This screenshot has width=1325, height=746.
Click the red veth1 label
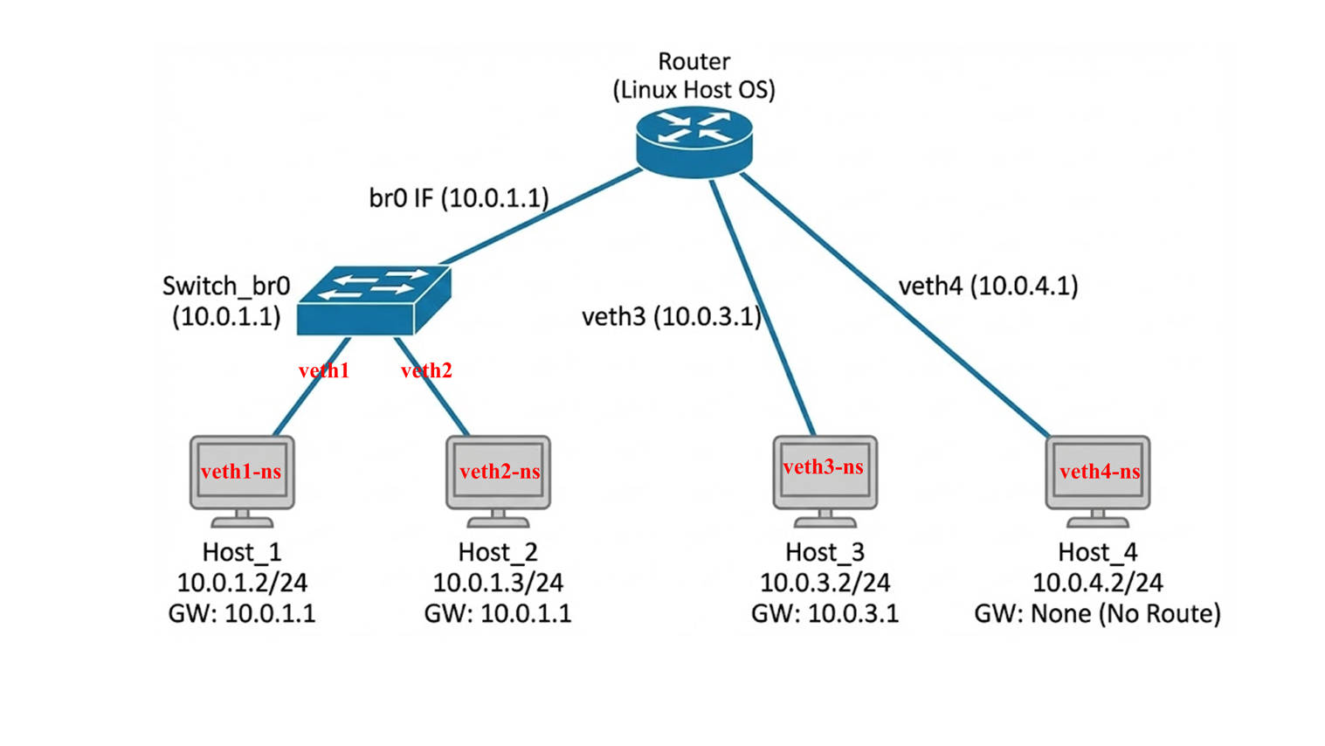pos(324,370)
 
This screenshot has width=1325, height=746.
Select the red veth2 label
pos(426,370)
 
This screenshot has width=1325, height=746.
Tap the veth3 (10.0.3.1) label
pos(672,316)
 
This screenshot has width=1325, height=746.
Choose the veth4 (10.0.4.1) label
pos(988,286)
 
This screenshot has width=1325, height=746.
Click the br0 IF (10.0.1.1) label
pos(459,198)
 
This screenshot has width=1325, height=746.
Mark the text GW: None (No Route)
pos(1097,613)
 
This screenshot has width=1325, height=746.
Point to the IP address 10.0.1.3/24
pos(498,583)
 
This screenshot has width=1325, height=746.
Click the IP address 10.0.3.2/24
pos(825,583)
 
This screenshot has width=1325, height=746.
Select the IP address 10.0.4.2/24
pos(1098,583)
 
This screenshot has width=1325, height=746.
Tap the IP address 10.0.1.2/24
pos(242,583)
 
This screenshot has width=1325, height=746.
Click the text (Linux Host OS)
pos(694,90)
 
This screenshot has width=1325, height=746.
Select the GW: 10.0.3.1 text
pos(825,613)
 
